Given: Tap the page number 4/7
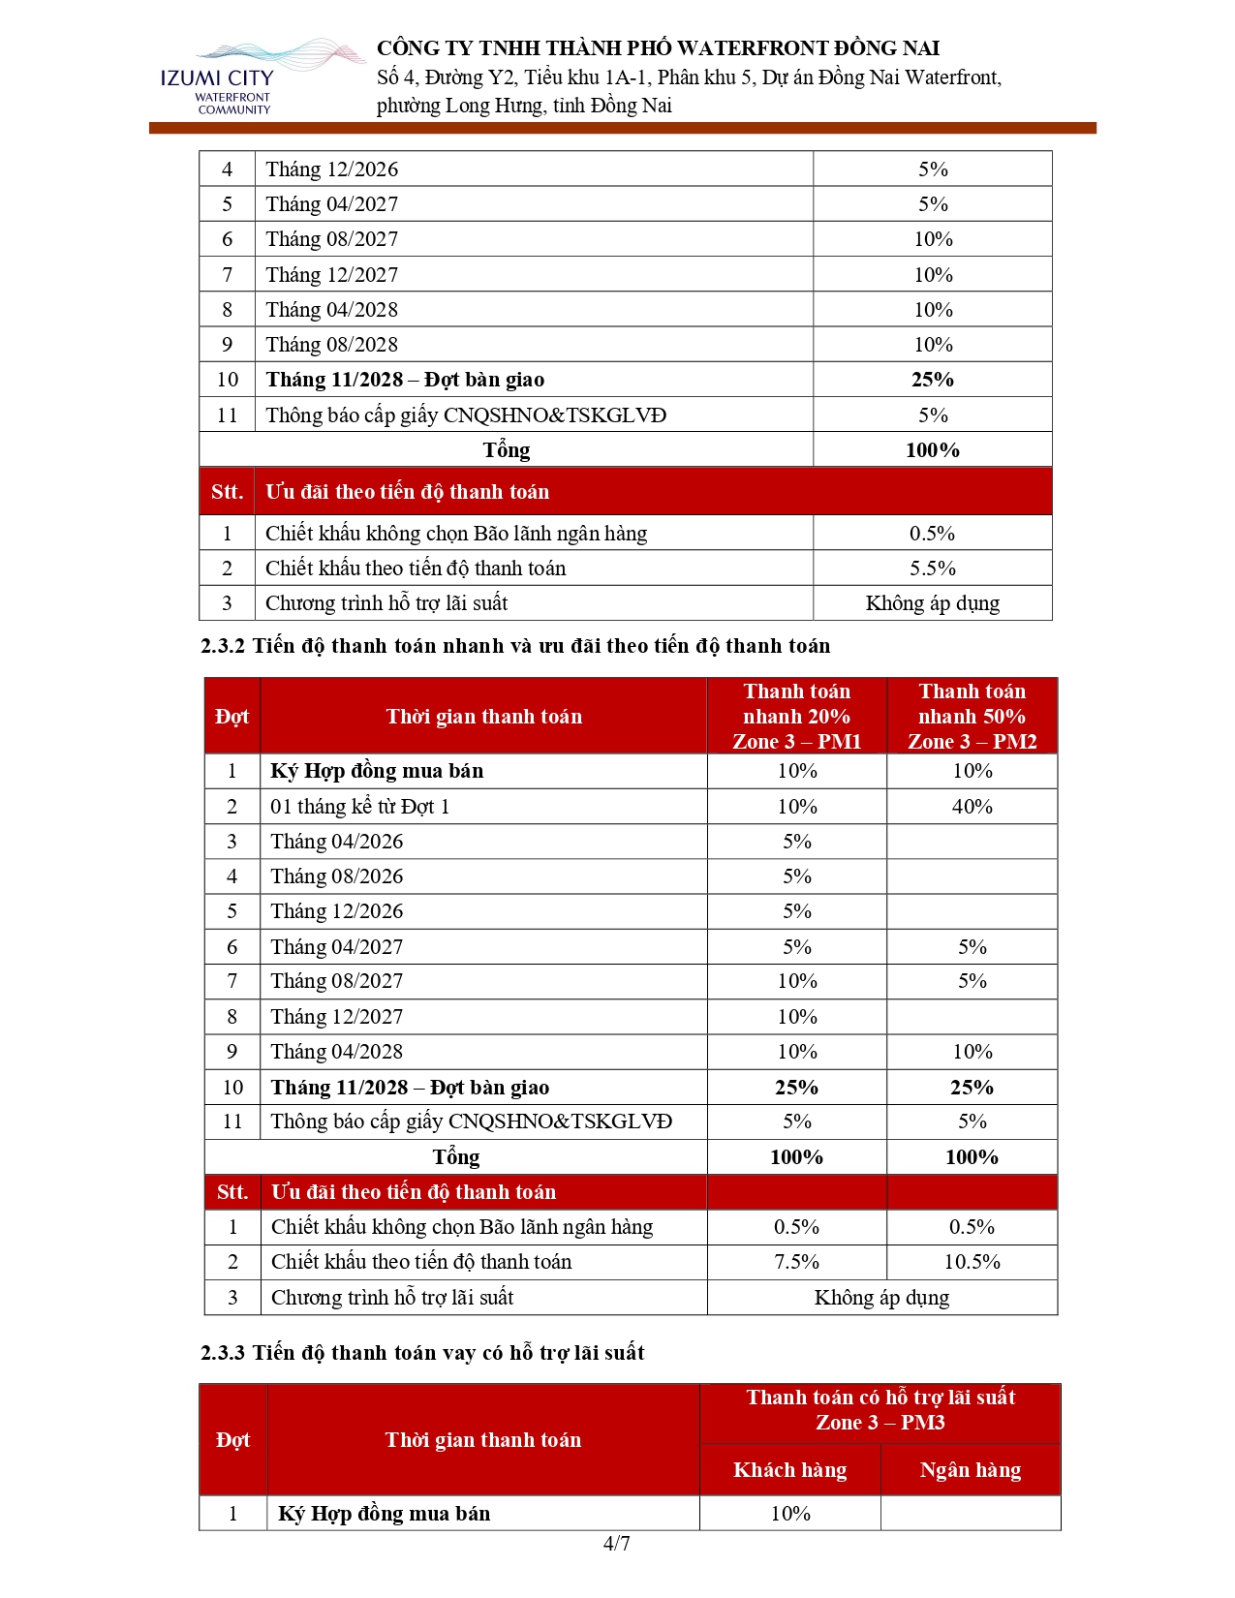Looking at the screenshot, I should (x=616, y=1543).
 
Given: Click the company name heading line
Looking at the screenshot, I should (x=658, y=48).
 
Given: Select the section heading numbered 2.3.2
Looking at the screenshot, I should (x=515, y=646).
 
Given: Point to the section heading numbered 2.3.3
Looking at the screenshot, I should (x=422, y=1352).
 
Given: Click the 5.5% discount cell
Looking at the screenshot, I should (x=932, y=569).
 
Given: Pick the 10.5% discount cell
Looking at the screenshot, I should (x=972, y=1262).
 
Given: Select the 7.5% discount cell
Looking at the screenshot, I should (x=796, y=1262).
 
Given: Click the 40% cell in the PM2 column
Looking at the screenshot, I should (x=972, y=807).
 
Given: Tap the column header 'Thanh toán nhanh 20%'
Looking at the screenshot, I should (x=796, y=716).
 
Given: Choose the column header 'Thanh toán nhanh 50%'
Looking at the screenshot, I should (x=972, y=716).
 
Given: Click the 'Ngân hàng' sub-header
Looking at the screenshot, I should (x=970, y=1470).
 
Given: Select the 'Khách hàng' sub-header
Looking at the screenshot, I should (x=789, y=1470).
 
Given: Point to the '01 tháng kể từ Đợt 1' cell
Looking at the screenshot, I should (x=359, y=807).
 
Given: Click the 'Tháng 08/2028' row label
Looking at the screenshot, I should (x=331, y=345).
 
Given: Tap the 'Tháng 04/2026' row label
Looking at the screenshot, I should (x=336, y=842).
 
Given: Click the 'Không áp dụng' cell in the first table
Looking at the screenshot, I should (x=932, y=603).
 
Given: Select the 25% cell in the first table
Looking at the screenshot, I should (x=932, y=380).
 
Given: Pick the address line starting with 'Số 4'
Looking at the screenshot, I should (x=689, y=77).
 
